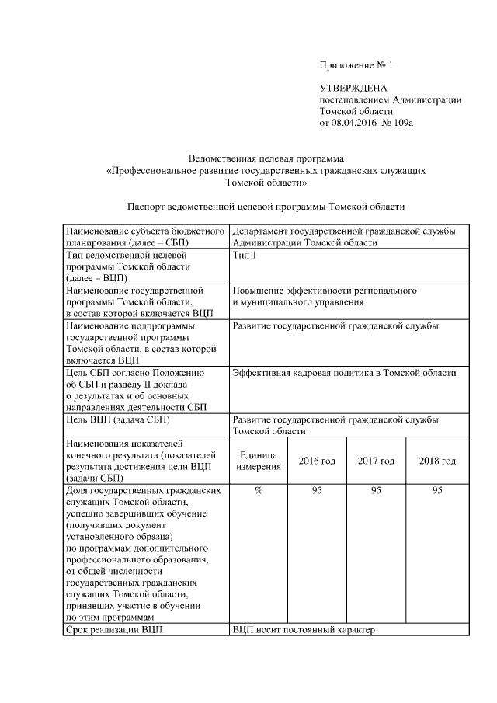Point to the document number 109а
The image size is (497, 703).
tap(400, 123)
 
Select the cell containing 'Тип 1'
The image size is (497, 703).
tap(244, 254)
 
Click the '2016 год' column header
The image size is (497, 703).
tap(317, 461)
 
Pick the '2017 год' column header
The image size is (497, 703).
tap(376, 461)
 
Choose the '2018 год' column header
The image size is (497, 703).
tap(437, 461)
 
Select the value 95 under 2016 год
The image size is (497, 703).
tap(317, 490)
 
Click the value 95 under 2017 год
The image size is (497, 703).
tap(376, 490)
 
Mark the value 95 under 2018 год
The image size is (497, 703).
tap(437, 490)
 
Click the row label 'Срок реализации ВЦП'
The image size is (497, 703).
tap(115, 629)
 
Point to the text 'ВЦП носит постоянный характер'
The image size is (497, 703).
tap(303, 629)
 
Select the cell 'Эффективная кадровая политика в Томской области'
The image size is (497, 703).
tap(344, 373)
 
